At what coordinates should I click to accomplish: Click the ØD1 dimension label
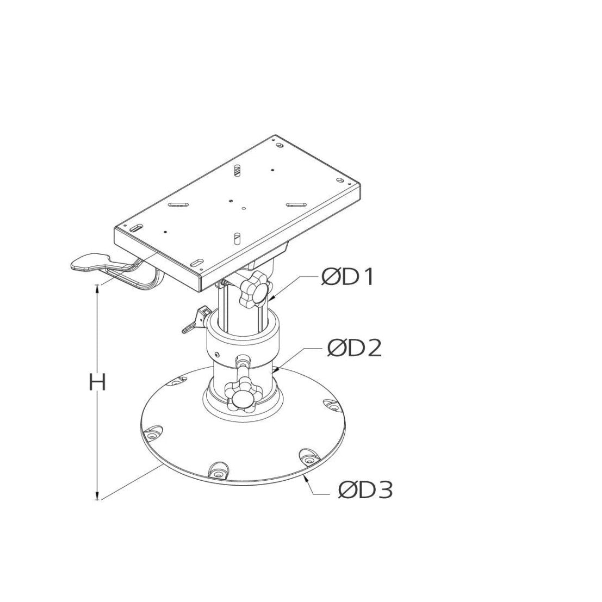tap(347, 277)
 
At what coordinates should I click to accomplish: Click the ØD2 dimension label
tap(355, 349)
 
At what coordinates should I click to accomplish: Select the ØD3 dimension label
tap(365, 490)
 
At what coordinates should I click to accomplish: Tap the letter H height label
tap(97, 383)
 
